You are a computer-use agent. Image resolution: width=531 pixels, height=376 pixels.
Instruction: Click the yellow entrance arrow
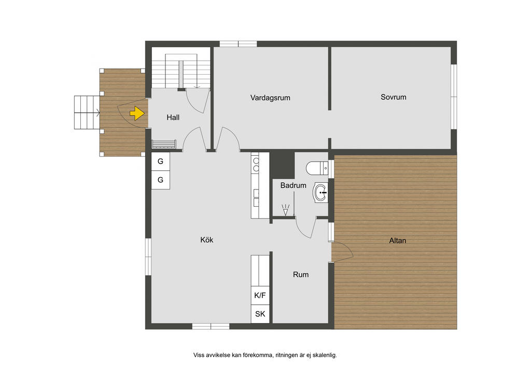[x=137, y=113]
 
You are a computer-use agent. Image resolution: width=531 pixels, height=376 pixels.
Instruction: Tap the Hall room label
[x=173, y=118]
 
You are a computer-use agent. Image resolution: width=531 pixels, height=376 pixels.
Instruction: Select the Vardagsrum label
[x=270, y=98]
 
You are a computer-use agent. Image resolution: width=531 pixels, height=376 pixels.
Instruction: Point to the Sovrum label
[x=394, y=97]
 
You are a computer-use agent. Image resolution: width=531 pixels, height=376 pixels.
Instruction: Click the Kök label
[x=206, y=240]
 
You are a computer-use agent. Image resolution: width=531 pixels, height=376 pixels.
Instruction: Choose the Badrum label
[x=294, y=185]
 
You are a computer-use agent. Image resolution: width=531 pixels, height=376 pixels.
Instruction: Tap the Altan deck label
[x=398, y=240]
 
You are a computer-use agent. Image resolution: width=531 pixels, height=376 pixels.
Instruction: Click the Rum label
[x=301, y=275]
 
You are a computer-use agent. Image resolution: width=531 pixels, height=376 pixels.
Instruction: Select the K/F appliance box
[x=260, y=296]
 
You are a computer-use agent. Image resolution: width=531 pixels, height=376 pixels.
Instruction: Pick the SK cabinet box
[x=260, y=314]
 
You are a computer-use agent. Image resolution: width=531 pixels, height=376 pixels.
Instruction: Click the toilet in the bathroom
[x=317, y=168]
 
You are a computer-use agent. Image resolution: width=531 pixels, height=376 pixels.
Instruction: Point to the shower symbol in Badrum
[x=286, y=210]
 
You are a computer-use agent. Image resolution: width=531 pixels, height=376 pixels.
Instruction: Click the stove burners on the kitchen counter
[x=256, y=165]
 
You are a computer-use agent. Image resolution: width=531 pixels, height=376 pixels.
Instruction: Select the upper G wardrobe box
[x=161, y=162]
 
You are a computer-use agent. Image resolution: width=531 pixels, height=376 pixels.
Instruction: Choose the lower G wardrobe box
[x=161, y=180]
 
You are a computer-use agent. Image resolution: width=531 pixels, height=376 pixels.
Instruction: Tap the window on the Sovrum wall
[x=454, y=97]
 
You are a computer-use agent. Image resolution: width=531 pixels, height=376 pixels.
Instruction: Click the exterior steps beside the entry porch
[x=87, y=112]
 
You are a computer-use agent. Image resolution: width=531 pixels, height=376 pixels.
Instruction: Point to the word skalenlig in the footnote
[x=325, y=355]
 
